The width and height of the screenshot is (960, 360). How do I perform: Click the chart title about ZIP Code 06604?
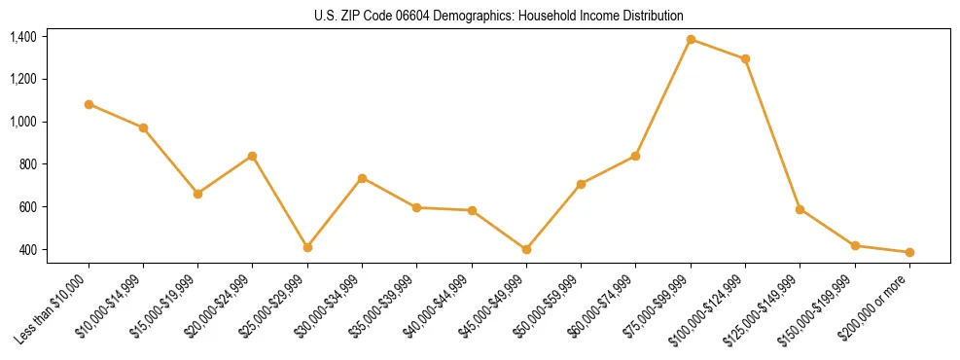click(499, 17)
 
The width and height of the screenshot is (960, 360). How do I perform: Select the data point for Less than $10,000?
click(89, 104)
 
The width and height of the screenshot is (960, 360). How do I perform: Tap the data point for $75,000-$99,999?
click(691, 39)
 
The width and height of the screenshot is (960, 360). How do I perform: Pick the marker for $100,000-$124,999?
click(745, 58)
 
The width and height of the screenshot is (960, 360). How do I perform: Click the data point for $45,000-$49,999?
click(526, 249)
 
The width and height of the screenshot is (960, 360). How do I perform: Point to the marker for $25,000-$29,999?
click(307, 247)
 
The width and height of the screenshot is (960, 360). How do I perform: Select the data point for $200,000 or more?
click(909, 252)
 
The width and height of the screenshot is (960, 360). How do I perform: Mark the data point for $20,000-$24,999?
click(253, 156)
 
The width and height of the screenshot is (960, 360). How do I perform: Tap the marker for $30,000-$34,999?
click(362, 178)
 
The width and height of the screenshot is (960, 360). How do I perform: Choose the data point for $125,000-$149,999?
click(800, 209)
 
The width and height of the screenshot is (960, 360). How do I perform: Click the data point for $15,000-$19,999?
click(198, 194)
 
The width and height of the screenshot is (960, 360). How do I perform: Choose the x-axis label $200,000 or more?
click(878, 303)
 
